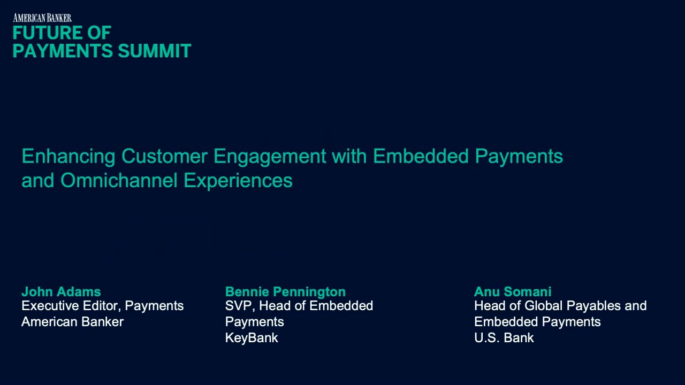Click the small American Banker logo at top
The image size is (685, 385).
pyautogui.click(x=42, y=18)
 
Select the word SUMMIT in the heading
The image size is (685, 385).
pyautogui.click(x=154, y=51)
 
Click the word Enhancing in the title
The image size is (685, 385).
pyautogui.click(x=68, y=157)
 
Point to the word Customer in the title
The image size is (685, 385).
pyautogui.click(x=164, y=157)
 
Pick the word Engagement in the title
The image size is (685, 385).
pyautogui.click(x=269, y=157)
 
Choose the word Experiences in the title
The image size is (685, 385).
pyautogui.click(x=238, y=181)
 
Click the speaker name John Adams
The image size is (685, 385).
pyautogui.click(x=61, y=292)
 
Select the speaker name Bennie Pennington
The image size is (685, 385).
pyautogui.click(x=285, y=292)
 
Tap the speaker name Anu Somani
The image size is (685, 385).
pyautogui.click(x=512, y=292)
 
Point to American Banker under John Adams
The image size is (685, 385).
pyautogui.click(x=72, y=322)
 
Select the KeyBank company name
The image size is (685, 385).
pyautogui.click(x=252, y=338)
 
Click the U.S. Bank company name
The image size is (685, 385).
pyautogui.click(x=504, y=338)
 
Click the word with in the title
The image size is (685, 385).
pyautogui.click(x=349, y=157)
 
